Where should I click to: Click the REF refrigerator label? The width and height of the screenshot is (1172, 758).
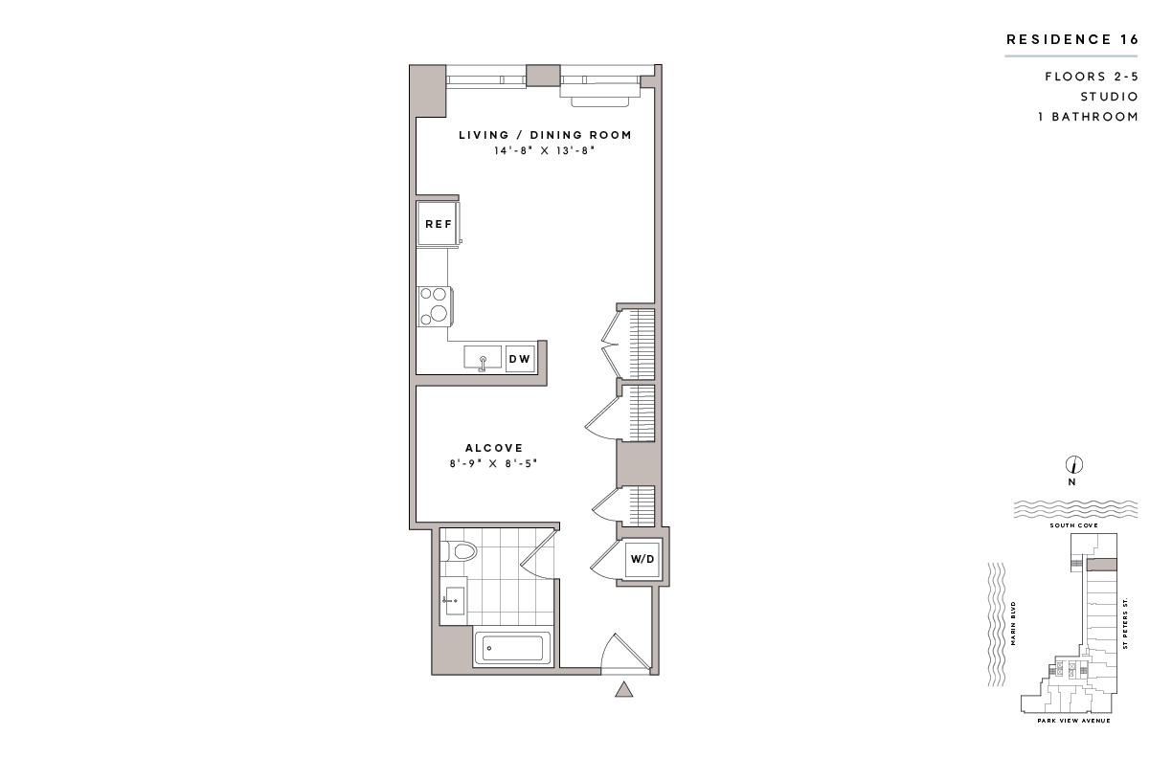(x=439, y=224)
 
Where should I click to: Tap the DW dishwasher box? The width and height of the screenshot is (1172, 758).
(x=520, y=358)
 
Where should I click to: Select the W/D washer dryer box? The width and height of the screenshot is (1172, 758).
(x=642, y=559)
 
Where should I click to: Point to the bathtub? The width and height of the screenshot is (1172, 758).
(x=511, y=649)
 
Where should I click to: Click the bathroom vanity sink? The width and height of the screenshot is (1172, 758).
(x=453, y=601)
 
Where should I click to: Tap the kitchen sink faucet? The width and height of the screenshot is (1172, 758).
(x=483, y=364)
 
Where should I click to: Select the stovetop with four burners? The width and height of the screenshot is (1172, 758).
(x=434, y=306)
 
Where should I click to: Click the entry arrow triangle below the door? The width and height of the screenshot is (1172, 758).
(x=623, y=690)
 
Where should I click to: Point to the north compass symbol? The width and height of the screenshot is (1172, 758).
(x=1073, y=464)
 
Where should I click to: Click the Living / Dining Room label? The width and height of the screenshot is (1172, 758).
(x=545, y=135)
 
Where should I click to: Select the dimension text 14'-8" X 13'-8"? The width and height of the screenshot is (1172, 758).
(x=545, y=150)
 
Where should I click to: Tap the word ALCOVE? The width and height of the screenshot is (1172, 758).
(x=494, y=448)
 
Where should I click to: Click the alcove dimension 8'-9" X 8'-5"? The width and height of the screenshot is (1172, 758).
(x=494, y=463)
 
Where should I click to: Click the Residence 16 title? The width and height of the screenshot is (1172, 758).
(x=1072, y=40)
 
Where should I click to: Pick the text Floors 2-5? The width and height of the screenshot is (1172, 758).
(x=1092, y=77)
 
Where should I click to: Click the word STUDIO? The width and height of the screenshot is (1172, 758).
(x=1110, y=97)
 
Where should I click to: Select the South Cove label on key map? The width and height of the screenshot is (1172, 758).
(x=1073, y=525)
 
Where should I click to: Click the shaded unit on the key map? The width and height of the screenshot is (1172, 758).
(x=1101, y=565)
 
